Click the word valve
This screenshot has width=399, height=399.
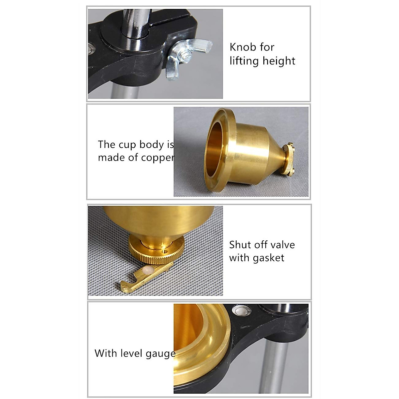(282, 245)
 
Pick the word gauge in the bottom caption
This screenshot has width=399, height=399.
(161, 353)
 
